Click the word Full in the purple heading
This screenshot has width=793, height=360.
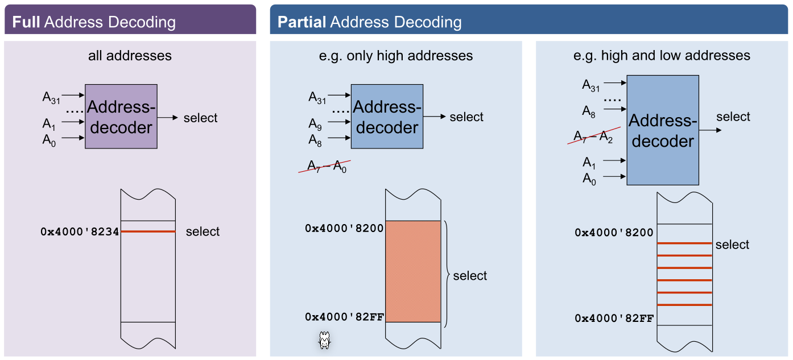pos(26,22)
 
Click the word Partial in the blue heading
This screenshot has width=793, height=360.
pos(301,22)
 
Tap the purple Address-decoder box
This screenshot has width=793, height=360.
pos(121,117)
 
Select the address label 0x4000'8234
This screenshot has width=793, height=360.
pos(80,232)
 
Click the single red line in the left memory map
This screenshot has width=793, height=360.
pos(148,231)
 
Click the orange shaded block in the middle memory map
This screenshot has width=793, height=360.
pos(413,271)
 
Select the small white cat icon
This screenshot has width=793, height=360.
pos(324,341)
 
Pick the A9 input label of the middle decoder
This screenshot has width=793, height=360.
pos(315,123)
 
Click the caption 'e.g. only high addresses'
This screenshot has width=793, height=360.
pos(396,56)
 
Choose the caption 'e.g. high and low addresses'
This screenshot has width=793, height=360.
pos(662,56)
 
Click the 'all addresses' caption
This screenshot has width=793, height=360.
pos(130,56)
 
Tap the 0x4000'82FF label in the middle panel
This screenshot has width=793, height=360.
pos(344,317)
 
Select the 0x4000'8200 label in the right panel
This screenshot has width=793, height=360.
pos(614,233)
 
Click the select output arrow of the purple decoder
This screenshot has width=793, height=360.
pos(168,118)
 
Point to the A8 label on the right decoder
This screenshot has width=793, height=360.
pos(589,111)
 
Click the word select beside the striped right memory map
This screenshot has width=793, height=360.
pos(732,245)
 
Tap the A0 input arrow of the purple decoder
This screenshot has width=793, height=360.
pos(73,138)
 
